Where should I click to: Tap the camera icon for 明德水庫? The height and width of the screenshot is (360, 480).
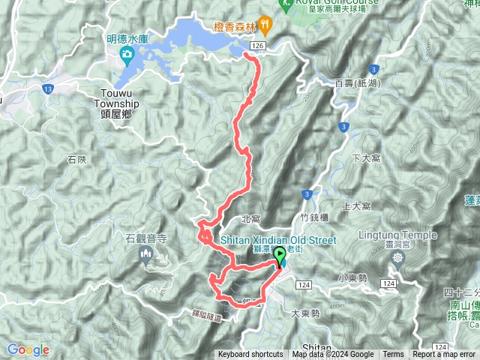(126, 54)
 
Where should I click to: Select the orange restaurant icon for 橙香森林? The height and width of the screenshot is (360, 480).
(263, 23)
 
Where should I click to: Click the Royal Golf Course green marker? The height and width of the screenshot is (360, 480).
(285, 3)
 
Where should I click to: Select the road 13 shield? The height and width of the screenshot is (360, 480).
(48, 88)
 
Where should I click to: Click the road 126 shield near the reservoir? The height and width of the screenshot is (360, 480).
(258, 46)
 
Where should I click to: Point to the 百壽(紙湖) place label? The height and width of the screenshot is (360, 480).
(354, 82)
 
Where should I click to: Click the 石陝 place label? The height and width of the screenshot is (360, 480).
(77, 160)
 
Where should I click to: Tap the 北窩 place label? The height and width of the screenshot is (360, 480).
(251, 219)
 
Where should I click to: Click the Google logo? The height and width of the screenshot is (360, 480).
(28, 349)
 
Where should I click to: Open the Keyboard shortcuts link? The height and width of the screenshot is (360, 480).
(250, 355)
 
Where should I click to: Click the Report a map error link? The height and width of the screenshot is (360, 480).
(444, 355)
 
